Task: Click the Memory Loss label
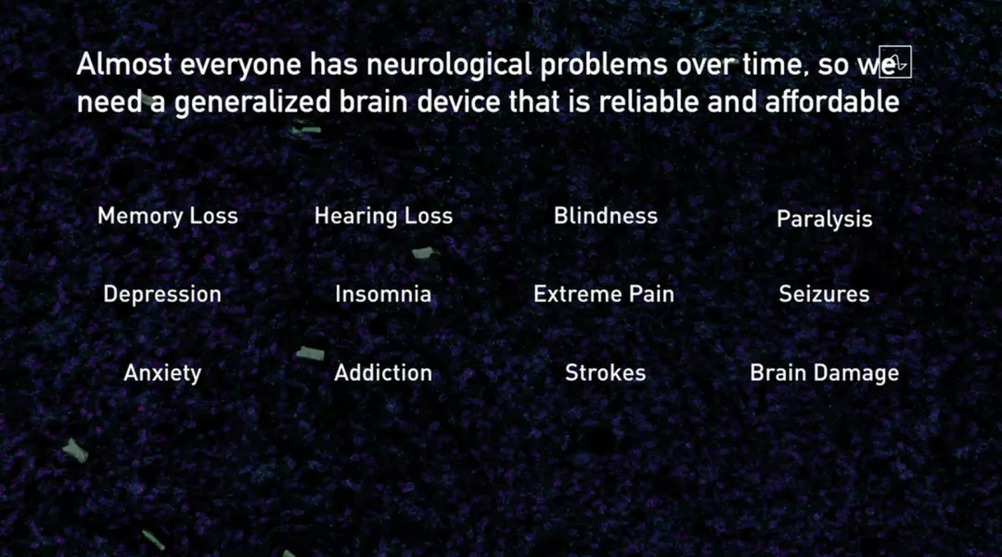[x=167, y=216]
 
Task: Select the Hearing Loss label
[x=383, y=216]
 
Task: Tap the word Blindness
[x=606, y=216]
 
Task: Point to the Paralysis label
[x=825, y=220]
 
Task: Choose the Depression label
[x=162, y=295]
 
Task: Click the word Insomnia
[x=383, y=294]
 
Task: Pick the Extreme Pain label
[x=604, y=294]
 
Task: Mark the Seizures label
[x=825, y=294]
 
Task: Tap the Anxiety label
[x=162, y=373]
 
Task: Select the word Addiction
[x=383, y=373]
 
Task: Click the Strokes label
[x=606, y=373]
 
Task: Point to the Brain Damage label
[x=825, y=373]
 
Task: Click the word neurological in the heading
[x=449, y=65]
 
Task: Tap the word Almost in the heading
[x=124, y=65]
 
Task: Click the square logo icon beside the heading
[x=895, y=62]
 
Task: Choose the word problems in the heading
[x=604, y=65]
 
